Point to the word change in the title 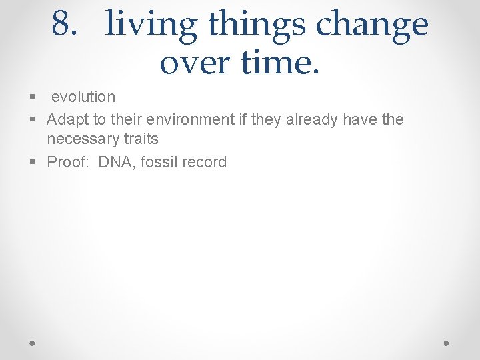tap(371, 25)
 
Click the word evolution tap(83, 97)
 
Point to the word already tap(313, 119)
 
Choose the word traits tap(140, 139)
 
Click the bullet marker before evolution tap(32, 97)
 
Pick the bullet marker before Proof tap(32, 163)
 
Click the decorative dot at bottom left tap(33, 343)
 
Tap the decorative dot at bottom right tap(447, 343)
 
